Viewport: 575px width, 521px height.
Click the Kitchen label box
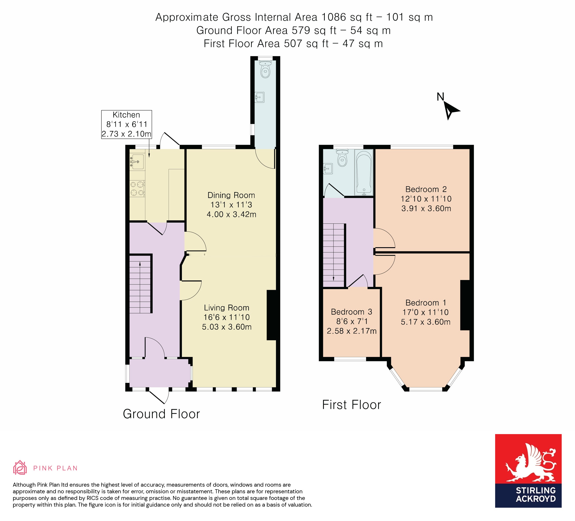[x=126, y=124]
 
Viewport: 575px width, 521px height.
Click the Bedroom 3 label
[x=351, y=312]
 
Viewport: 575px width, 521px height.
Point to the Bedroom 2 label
[x=426, y=189]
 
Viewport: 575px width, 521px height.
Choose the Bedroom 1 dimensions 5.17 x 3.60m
[x=425, y=322]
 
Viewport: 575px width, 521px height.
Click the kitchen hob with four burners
[x=137, y=189]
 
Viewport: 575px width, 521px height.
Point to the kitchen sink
[x=138, y=162]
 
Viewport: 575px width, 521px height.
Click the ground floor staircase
[x=140, y=284]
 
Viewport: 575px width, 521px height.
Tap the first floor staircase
[x=334, y=255]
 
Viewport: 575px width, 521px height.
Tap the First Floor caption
[x=351, y=405]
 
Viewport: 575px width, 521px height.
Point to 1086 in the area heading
[x=333, y=17]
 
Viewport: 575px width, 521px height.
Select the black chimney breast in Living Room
[x=271, y=315]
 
